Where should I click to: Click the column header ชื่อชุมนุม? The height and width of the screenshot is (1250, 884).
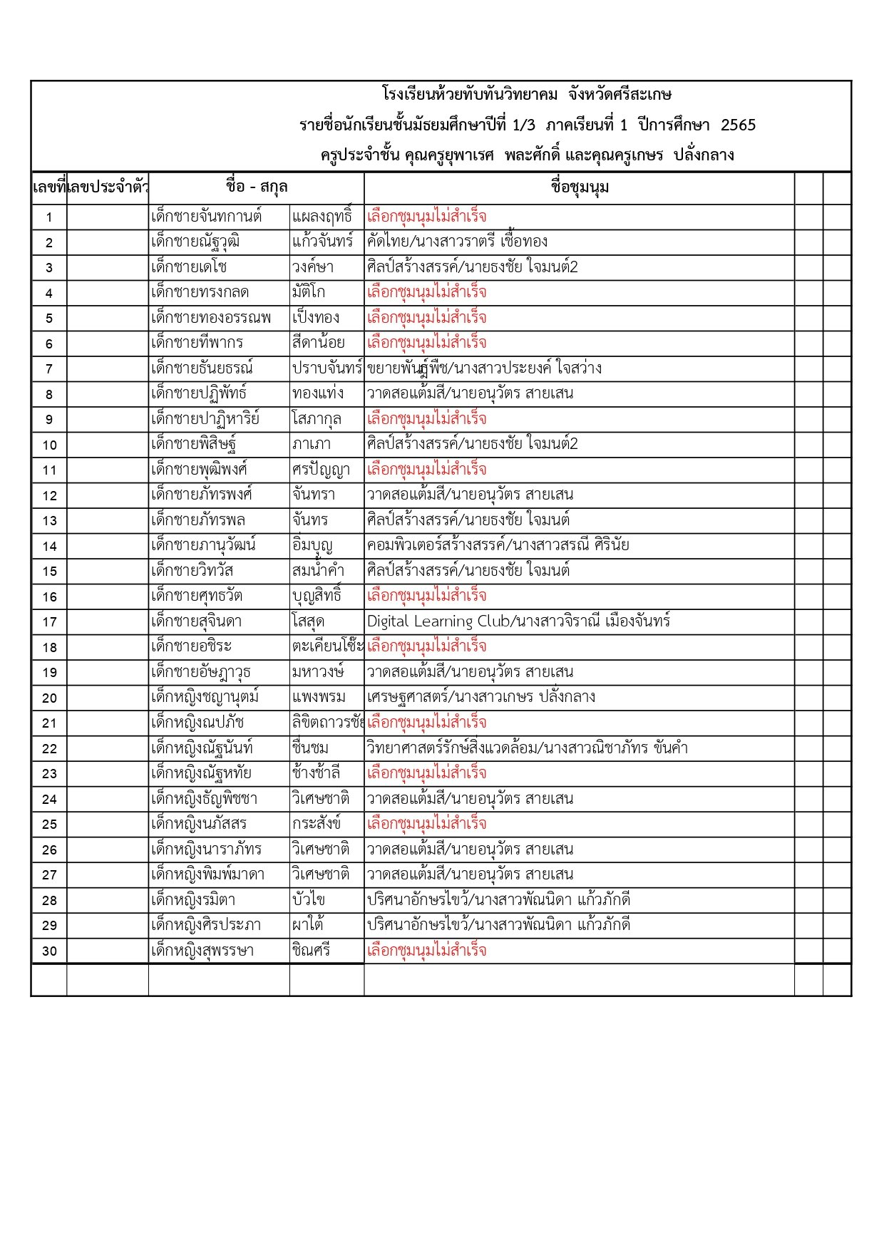click(580, 187)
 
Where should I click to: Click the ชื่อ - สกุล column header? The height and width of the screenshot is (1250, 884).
click(257, 187)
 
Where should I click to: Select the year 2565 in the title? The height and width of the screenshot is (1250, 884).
click(738, 125)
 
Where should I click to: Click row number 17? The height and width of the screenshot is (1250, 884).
click(49, 622)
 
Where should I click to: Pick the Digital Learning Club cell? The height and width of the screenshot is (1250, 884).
click(518, 621)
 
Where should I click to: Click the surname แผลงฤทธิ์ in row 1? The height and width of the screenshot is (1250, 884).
click(322, 217)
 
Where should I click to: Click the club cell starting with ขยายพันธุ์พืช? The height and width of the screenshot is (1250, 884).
click(484, 368)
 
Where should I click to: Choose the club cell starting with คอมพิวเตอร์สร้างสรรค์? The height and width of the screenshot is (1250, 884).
click(498, 546)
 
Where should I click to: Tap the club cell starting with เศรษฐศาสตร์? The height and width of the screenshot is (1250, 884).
click(481, 697)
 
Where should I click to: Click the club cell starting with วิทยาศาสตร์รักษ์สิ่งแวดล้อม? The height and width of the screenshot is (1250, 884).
click(527, 748)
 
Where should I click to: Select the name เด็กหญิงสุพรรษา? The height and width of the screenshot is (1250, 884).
click(202, 951)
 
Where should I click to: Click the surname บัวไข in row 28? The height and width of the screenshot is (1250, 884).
click(309, 900)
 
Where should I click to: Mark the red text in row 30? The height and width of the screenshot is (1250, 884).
click(426, 951)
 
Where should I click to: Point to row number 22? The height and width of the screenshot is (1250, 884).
click(49, 749)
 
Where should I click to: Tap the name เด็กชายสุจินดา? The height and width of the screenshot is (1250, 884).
click(196, 621)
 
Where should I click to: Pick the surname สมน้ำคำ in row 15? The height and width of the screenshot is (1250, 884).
click(318, 571)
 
